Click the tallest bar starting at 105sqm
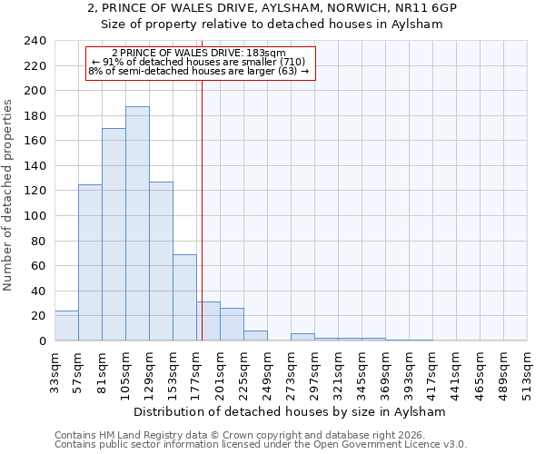137,223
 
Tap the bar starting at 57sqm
90,262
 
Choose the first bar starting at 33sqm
66,325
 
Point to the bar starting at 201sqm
232,324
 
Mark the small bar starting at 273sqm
302,337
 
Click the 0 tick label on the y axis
43,340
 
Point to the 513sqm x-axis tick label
528,369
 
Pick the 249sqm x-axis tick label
267,369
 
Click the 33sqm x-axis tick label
55,369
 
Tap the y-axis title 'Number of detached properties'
8,195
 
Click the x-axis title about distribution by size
290,411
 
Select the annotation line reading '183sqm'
199,53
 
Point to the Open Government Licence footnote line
261,445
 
